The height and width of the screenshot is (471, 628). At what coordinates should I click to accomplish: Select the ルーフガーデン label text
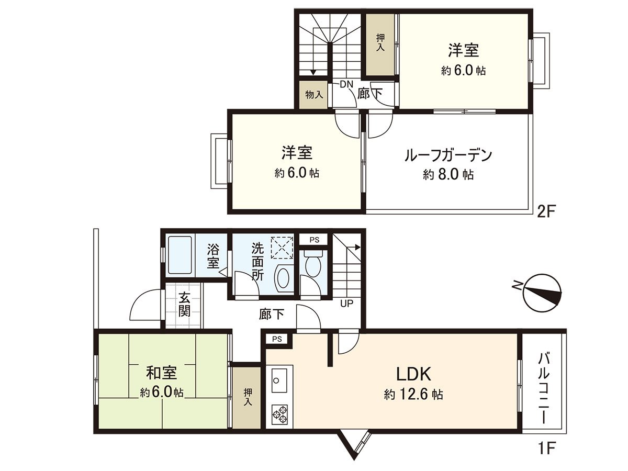coord(448,155)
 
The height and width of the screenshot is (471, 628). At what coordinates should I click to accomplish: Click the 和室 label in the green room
coord(161,373)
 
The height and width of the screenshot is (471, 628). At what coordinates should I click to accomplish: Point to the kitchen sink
coord(278,378)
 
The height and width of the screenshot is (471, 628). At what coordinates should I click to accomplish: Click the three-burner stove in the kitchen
coord(279,414)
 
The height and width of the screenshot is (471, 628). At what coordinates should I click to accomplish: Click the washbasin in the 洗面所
coord(283,278)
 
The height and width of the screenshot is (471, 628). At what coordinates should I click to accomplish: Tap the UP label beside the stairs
coord(346,303)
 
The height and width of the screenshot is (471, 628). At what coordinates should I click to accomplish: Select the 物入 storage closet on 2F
coord(313,95)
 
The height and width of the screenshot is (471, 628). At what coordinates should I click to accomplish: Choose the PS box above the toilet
coord(314,240)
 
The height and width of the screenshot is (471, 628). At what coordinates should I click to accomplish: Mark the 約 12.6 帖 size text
coord(413,394)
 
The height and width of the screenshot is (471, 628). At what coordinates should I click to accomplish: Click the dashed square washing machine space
coord(282,247)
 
